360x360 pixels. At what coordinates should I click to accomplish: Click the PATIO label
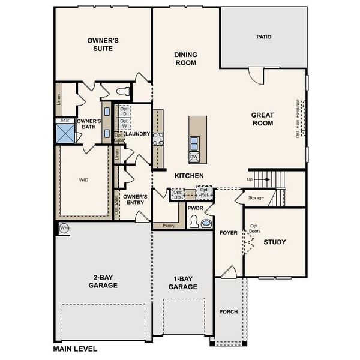tap(264, 37)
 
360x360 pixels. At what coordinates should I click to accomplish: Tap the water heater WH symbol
tap(64, 229)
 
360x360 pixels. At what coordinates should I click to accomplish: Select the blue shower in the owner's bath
tap(65, 133)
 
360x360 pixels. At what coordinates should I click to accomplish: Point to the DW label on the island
tap(194, 157)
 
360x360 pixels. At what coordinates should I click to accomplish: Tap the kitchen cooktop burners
tap(158, 139)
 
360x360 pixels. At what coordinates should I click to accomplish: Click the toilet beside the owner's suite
tap(123, 91)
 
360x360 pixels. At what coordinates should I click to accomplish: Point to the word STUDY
tap(274, 242)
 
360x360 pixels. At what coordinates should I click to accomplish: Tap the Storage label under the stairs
tap(256, 197)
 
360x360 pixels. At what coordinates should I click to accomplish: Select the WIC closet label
tap(83, 179)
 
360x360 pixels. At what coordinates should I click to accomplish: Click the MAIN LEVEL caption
tap(75, 349)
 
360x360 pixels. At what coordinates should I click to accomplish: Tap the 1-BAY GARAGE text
tap(182, 283)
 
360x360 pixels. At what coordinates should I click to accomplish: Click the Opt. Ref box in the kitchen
tap(204, 193)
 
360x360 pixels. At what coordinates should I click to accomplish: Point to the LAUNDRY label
tap(138, 133)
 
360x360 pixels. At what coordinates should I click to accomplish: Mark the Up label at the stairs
tap(250, 179)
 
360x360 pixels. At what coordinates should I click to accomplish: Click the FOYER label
tap(229, 232)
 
